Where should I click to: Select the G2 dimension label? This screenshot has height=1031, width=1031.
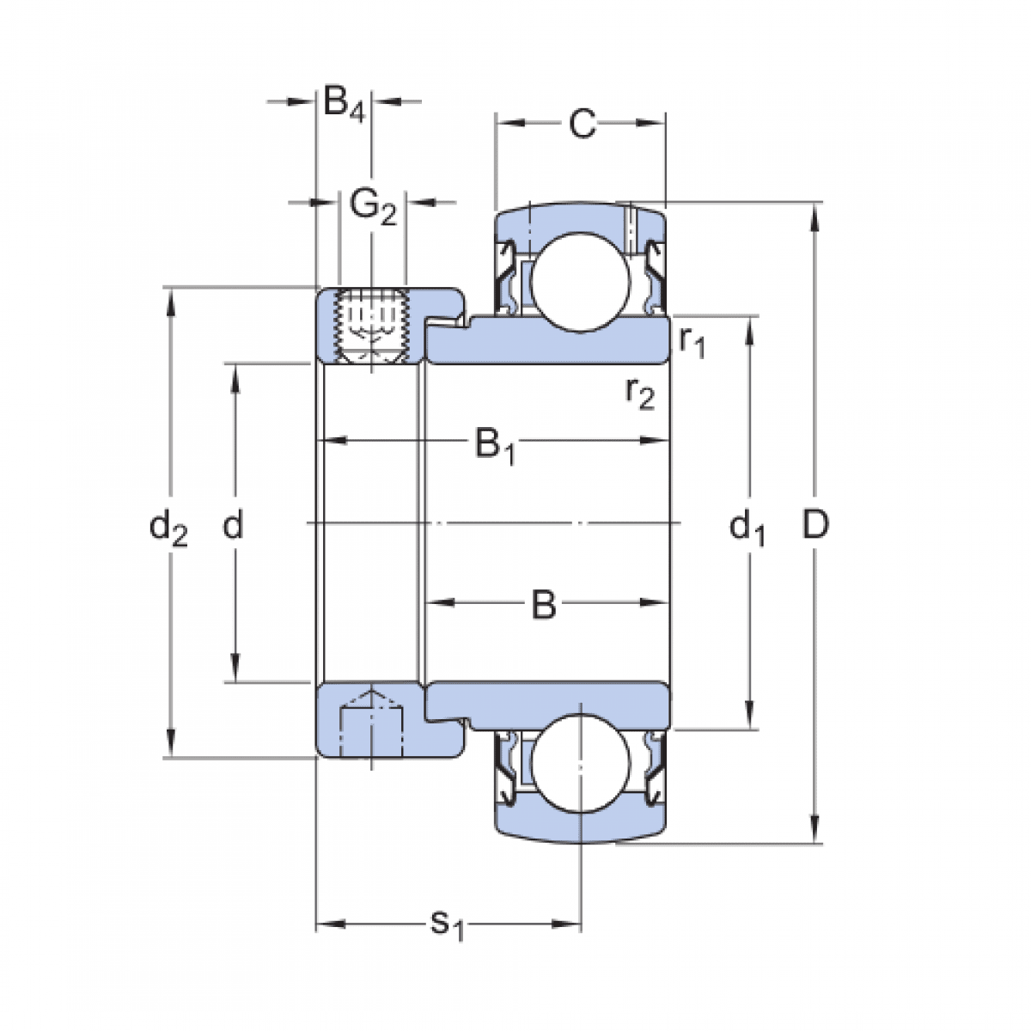[374, 206]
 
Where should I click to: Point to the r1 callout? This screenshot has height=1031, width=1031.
[692, 342]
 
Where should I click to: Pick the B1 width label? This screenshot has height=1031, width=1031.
[495, 446]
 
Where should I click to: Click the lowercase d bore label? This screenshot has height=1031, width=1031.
[233, 524]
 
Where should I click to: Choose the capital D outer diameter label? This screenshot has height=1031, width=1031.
[814, 524]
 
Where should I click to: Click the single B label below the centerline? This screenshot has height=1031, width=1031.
[543, 605]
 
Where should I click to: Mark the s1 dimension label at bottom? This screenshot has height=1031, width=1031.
[447, 924]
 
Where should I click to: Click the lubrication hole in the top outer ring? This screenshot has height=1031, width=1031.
[628, 228]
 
